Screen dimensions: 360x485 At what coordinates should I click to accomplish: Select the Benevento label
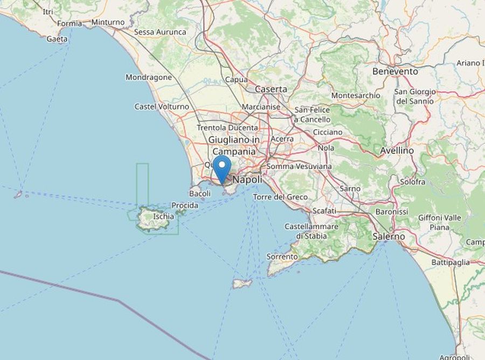point(395,71)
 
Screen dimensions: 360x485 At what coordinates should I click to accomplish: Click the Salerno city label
point(389,237)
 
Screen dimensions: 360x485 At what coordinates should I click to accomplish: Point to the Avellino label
point(397,151)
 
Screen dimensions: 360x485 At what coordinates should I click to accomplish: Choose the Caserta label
point(271,89)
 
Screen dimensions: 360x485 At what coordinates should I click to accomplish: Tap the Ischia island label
point(163,217)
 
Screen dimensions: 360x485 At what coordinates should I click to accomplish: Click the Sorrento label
point(281,257)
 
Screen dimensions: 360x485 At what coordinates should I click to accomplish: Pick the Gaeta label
point(57,39)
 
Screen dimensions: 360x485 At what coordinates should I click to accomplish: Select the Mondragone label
point(149,77)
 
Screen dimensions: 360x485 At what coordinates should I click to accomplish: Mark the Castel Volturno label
point(162,107)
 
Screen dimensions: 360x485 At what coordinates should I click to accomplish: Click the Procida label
point(185,205)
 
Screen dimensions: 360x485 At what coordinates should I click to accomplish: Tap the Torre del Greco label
point(280,197)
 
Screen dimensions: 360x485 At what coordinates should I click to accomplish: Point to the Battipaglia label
point(451,262)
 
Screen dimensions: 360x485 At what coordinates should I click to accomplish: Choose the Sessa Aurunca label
point(160,32)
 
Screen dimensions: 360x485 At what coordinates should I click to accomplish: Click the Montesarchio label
point(356,95)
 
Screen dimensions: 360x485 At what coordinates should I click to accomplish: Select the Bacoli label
point(200,193)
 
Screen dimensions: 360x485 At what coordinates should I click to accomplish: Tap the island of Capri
point(242,283)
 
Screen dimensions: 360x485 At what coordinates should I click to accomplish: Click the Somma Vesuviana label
point(299,167)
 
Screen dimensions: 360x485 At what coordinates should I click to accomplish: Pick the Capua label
point(237,80)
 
